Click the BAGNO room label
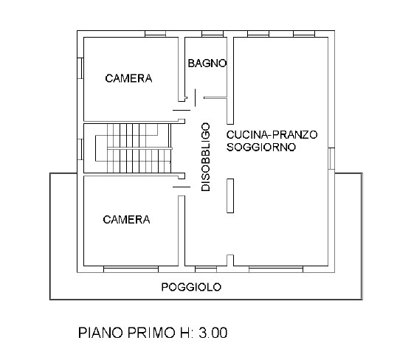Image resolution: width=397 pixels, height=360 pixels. pyautogui.click(x=206, y=64)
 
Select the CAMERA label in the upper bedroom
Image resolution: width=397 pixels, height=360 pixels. pyautogui.click(x=128, y=78)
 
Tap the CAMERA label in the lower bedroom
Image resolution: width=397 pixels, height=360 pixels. pyautogui.click(x=126, y=219)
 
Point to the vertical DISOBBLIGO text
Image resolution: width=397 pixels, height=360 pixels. pyautogui.click(x=206, y=157)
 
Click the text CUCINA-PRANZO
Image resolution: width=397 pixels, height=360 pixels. pyautogui.click(x=272, y=134)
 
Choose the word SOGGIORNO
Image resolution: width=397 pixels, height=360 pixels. pyautogui.click(x=261, y=147)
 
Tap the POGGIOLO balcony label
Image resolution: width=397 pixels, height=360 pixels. pyautogui.click(x=191, y=287)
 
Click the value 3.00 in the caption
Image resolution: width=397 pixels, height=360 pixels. pyautogui.click(x=210, y=333)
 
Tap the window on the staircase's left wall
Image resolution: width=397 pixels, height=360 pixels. pyautogui.click(x=79, y=148)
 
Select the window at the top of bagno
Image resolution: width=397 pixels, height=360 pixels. pyautogui.click(x=213, y=35)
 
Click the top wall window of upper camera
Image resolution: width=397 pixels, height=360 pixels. pyautogui.click(x=154, y=35)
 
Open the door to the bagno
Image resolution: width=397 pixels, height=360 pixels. pyautogui.click(x=194, y=97)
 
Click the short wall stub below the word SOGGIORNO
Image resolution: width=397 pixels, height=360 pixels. pyautogui.click(x=229, y=196)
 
